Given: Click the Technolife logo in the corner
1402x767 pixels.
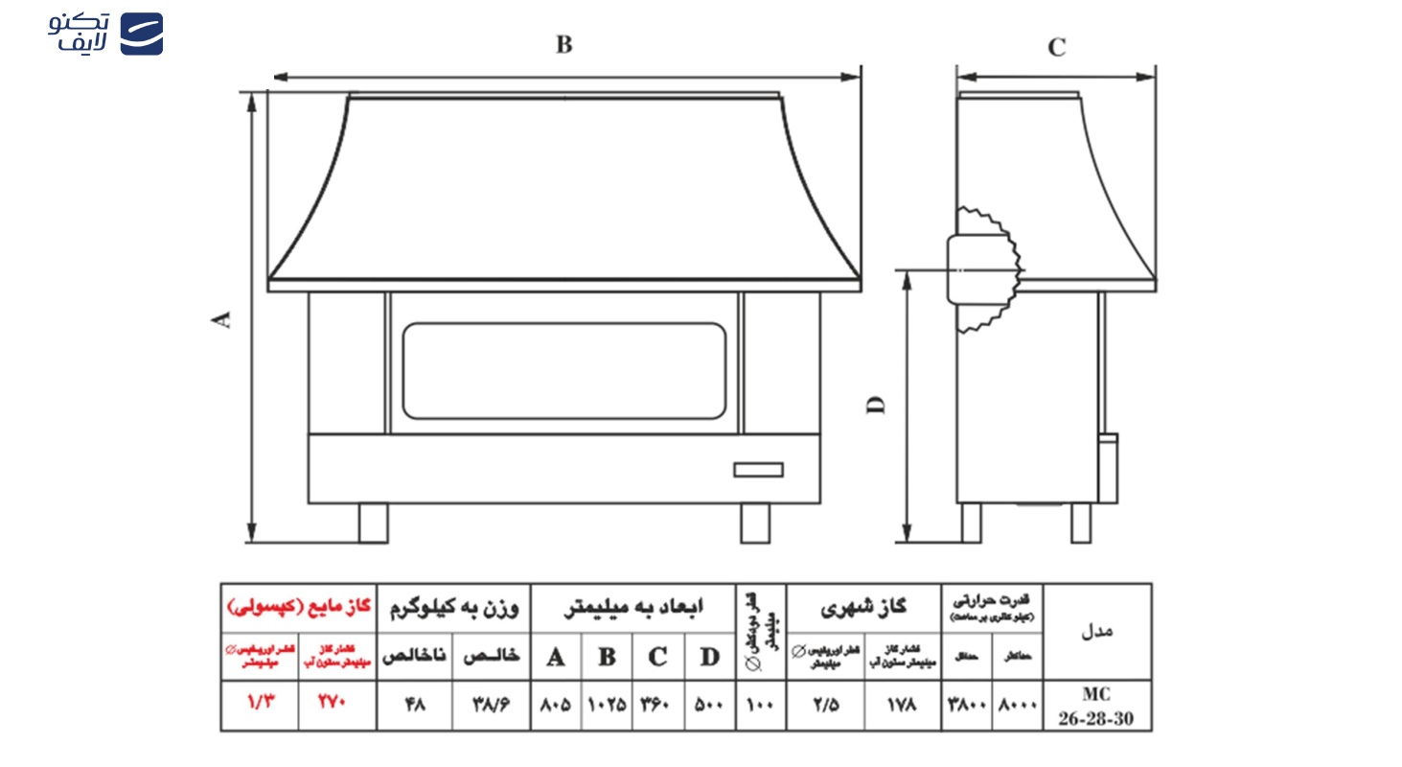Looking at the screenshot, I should tap(105, 34).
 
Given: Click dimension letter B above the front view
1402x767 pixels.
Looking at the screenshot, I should tap(564, 45).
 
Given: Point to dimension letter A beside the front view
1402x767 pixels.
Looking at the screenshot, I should tap(222, 320).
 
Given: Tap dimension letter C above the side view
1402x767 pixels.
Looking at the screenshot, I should tap(1056, 48).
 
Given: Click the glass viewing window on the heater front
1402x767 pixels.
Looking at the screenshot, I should tap(563, 370).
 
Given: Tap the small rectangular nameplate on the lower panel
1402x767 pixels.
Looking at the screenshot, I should tap(758, 469).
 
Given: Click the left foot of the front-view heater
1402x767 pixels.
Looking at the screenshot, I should tap(373, 523).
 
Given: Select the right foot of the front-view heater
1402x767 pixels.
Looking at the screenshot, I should tap(754, 523).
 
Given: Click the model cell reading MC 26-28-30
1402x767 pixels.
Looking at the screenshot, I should tap(1096, 706).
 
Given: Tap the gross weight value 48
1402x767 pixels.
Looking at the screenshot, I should tap(414, 706).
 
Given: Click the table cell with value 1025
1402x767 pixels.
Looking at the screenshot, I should tap(607, 706).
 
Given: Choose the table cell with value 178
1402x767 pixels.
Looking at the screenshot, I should tap(902, 706).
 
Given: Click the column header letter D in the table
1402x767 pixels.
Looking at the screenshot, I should tap(709, 657).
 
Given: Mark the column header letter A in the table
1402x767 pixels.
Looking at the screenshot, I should tap(555, 657).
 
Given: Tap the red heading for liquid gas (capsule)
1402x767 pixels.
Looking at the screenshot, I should tap(298, 607).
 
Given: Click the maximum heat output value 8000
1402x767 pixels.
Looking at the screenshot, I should tap(1017, 706).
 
